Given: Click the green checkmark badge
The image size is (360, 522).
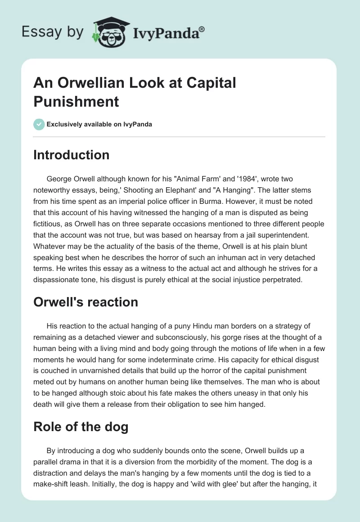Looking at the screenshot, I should point(39,124).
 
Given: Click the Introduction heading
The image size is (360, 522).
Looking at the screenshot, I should point(72,155).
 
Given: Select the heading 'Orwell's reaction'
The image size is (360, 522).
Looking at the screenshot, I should point(85,302).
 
